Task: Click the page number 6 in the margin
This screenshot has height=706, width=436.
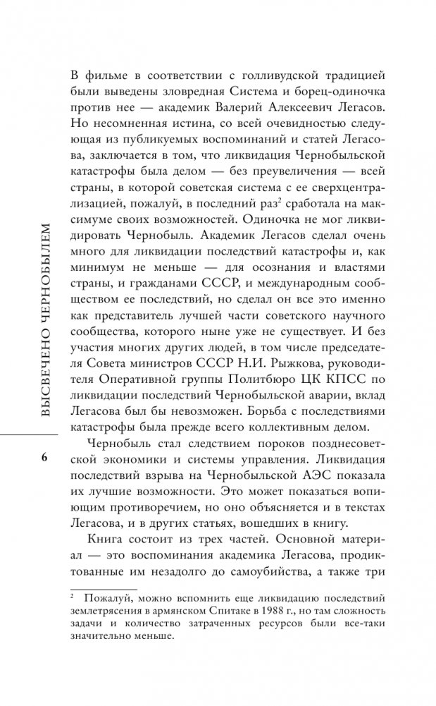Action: point(44,458)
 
